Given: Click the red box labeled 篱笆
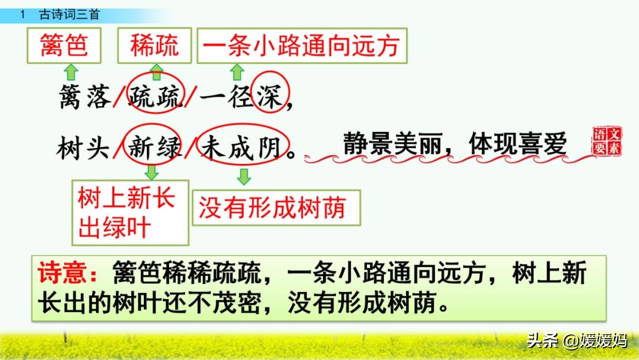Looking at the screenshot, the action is tap(64, 45).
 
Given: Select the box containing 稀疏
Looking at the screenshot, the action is tap(154, 45).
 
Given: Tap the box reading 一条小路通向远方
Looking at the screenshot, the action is tap(302, 45).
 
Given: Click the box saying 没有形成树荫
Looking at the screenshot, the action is tap(276, 207).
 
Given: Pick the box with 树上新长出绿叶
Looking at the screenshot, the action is tap(130, 213).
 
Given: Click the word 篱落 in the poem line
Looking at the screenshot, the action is tap(85, 97).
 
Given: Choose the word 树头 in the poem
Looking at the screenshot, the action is tap(83, 147).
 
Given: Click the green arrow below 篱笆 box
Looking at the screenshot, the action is tap(71, 72).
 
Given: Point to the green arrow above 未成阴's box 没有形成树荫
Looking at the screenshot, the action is tap(244, 176).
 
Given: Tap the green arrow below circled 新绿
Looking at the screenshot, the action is tap(151, 172).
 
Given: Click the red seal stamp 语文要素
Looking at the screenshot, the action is tap(607, 141).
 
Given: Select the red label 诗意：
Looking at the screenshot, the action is tap(68, 272).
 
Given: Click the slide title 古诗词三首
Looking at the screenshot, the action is tap(69, 15).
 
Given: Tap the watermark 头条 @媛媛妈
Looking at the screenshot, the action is tap(577, 340).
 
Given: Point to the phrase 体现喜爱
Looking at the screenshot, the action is tap(518, 143).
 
